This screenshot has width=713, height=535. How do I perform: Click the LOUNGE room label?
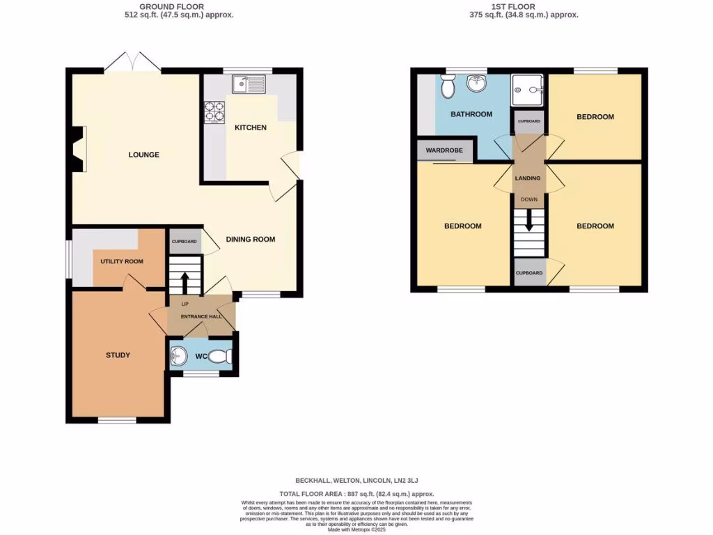[x=143, y=155]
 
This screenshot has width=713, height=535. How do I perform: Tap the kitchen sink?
[x=249, y=85]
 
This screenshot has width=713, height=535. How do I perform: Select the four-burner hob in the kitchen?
[x=214, y=112]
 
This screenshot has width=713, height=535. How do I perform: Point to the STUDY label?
[x=118, y=355]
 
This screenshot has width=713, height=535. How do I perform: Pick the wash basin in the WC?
[x=178, y=357]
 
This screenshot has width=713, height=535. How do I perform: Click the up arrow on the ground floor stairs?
[x=185, y=281]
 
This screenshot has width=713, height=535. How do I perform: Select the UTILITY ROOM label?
[x=122, y=262]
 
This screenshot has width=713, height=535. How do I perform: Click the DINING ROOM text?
[x=250, y=240]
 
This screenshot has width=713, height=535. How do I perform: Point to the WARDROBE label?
[x=445, y=150]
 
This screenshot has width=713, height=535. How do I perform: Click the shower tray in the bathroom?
[x=528, y=88]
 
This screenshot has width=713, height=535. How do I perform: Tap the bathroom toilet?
[x=448, y=88]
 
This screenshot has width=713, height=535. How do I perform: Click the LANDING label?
[x=527, y=178]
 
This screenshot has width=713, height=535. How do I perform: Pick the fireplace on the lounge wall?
[x=78, y=148]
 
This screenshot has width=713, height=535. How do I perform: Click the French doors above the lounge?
[x=132, y=63]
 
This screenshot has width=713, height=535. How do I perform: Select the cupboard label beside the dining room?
[x=185, y=242]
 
